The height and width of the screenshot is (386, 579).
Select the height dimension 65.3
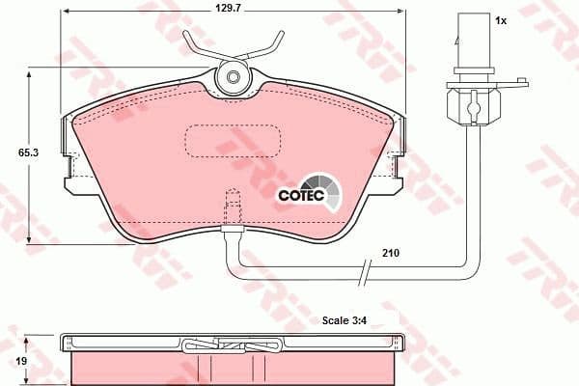[13, 152]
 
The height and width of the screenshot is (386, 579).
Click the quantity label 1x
[500, 20]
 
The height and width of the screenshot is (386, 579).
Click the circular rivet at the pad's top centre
[232, 77]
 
